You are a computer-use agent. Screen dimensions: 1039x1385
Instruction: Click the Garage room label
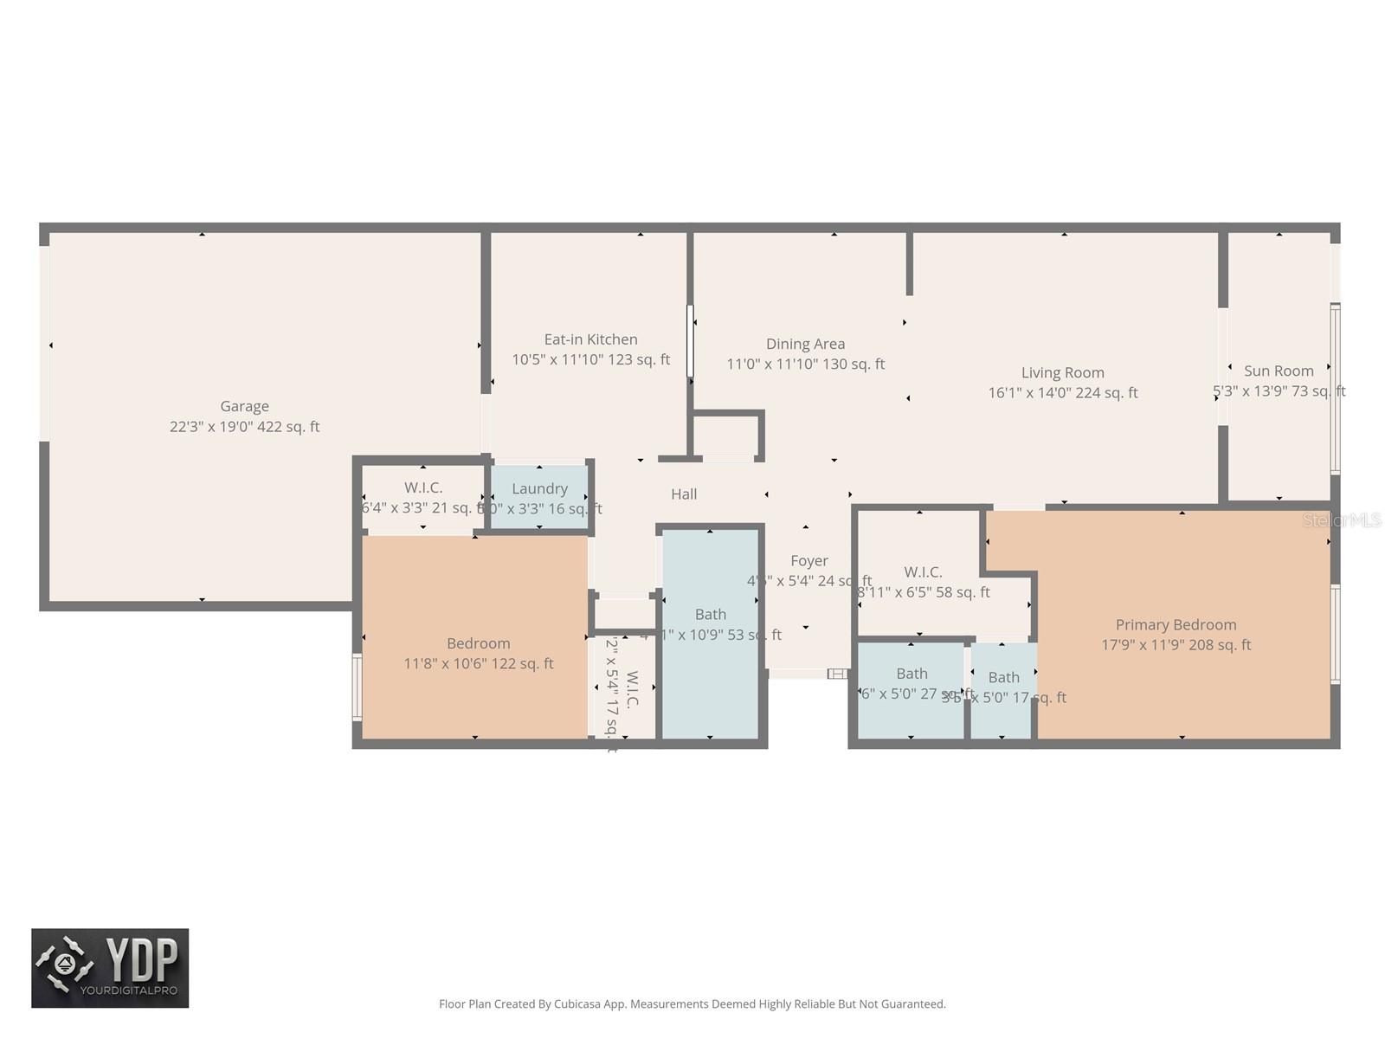coord(244,406)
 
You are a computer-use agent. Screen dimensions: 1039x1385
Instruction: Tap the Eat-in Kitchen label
coord(590,339)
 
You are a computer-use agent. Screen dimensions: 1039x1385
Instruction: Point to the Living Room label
coord(1062,372)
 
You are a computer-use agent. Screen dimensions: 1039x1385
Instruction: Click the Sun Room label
coord(1278,371)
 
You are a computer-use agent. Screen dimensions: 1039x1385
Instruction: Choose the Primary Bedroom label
coord(1176,624)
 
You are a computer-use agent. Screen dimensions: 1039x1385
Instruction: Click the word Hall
coord(684,494)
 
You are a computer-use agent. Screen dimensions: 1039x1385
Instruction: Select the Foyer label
coord(808,561)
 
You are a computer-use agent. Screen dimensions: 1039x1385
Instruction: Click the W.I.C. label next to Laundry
coord(423,487)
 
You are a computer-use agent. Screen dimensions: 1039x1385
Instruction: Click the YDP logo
coord(110,968)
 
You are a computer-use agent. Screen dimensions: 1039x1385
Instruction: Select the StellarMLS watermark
coord(1342,520)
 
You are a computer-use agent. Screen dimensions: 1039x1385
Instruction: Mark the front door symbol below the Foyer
coord(837,674)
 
